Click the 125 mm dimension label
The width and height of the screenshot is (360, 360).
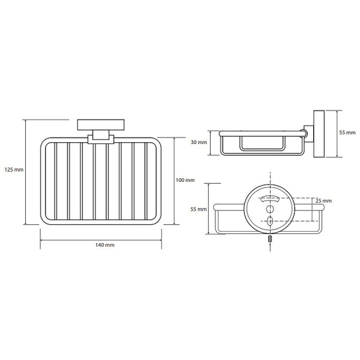tap(14, 170)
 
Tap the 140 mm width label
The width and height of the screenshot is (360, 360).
tap(105, 245)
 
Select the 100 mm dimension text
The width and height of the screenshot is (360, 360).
tap(185, 180)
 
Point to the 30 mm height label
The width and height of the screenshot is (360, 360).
tap(199, 142)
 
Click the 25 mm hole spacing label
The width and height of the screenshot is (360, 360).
tap(323, 201)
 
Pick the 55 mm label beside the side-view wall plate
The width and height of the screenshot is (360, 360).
tap(347, 133)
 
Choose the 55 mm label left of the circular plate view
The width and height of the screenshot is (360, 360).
tap(199, 209)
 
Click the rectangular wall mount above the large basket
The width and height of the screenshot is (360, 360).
tap(101, 125)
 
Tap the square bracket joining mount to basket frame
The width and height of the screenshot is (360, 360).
tap(101, 139)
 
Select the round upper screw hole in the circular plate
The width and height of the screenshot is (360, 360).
tap(270, 209)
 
